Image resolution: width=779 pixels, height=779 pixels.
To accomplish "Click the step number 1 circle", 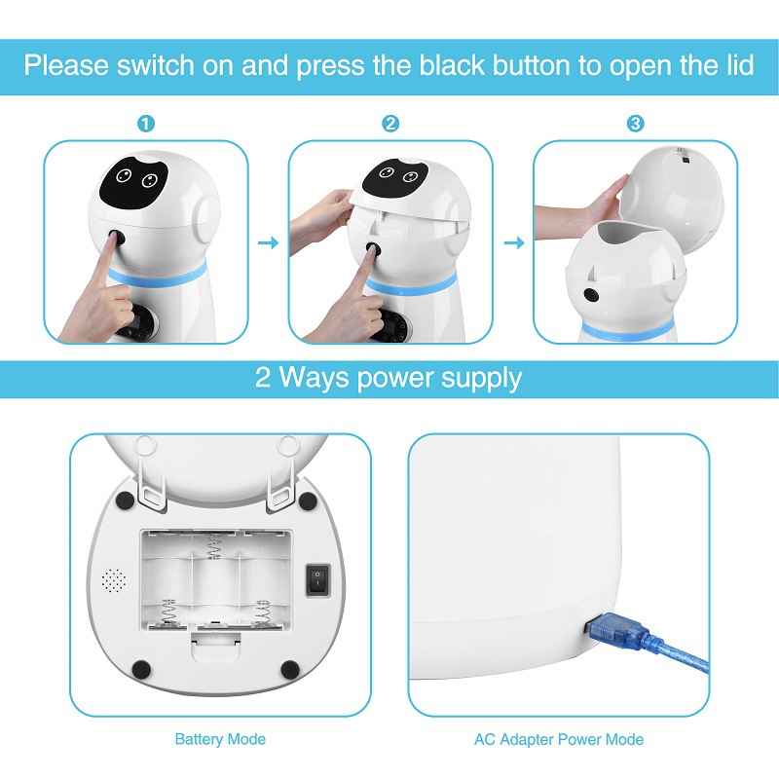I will click(x=146, y=124).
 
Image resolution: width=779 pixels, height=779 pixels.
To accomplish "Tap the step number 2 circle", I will click(x=390, y=124).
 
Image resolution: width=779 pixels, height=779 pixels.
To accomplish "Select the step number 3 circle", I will click(x=635, y=124).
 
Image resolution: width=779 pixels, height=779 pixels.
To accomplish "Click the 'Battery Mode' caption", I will click(x=220, y=739).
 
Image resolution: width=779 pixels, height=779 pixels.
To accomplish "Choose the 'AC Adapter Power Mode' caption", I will click(x=559, y=739).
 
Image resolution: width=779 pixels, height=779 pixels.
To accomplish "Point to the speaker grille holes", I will click(x=114, y=580).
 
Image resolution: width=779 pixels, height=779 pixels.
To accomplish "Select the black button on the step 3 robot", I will click(x=590, y=295).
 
